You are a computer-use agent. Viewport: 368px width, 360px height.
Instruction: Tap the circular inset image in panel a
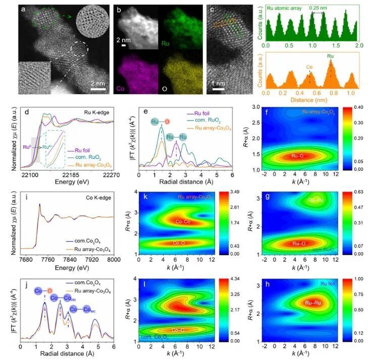(91, 20)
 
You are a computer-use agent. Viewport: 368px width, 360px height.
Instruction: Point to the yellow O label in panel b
(164, 89)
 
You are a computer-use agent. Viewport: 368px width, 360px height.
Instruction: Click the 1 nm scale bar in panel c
(218, 90)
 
